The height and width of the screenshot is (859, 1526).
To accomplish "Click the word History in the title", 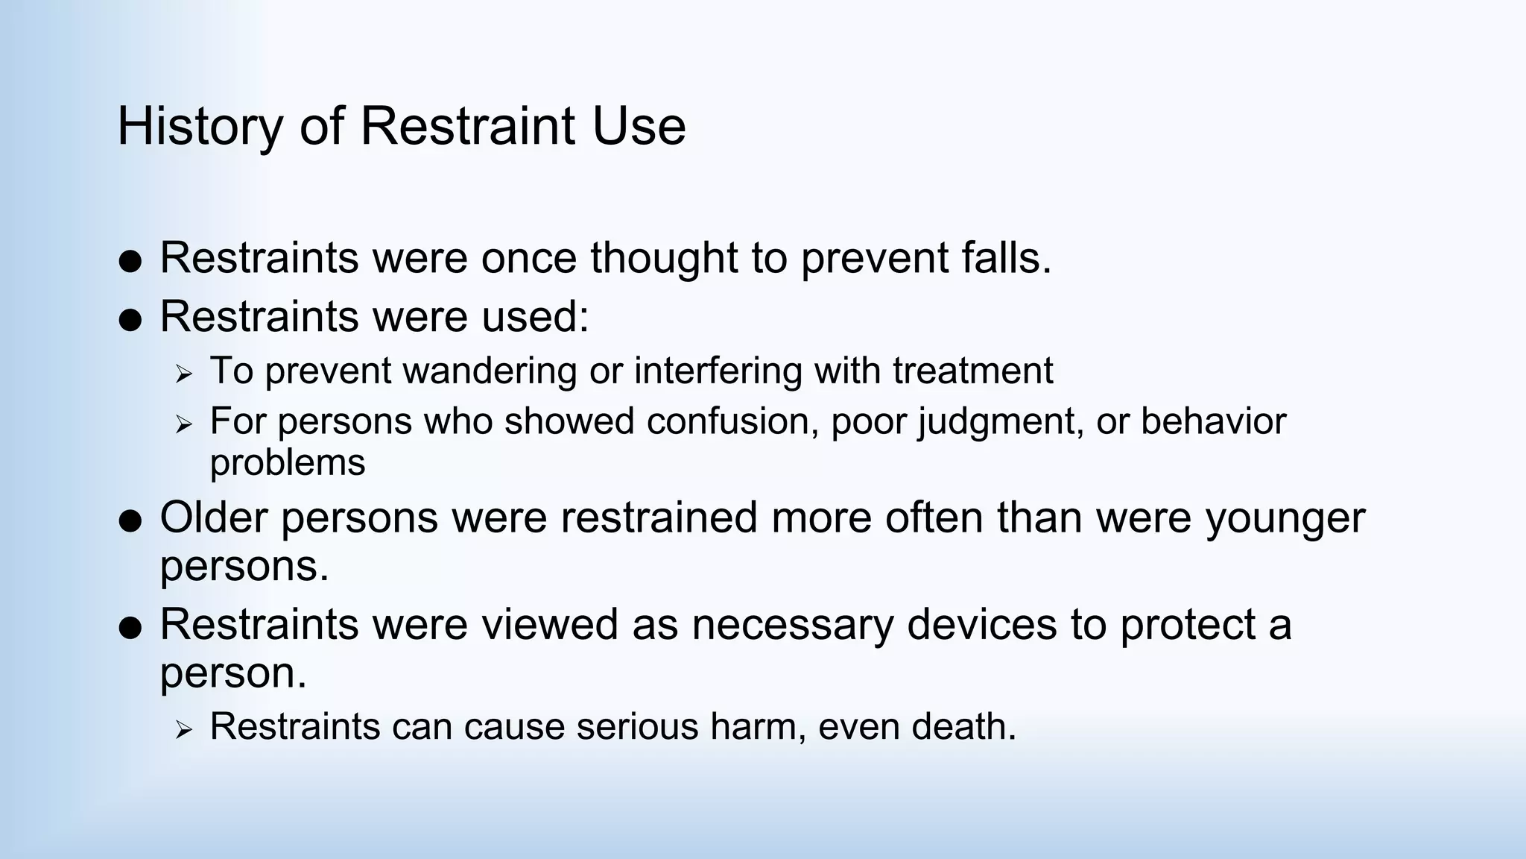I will click(200, 127).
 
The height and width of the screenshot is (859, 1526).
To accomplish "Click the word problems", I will click(288, 464).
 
